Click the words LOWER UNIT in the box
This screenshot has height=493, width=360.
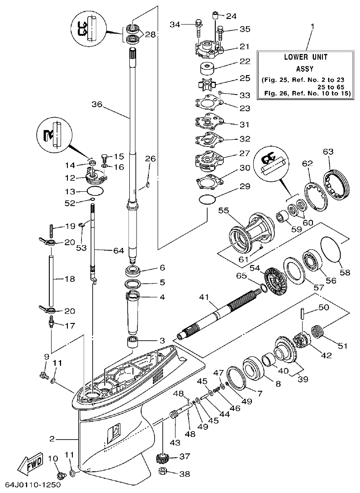[x=305, y=57]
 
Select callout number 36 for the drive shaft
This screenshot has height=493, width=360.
[x=97, y=104]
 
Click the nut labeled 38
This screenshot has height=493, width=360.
[x=163, y=473]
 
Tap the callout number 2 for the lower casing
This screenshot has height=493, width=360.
[x=52, y=438]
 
